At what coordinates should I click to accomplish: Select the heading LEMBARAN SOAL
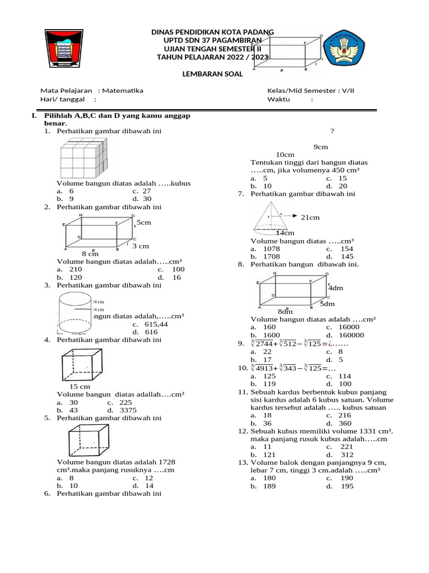209,73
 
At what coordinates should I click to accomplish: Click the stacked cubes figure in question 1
83,158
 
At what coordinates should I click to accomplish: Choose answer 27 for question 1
146,190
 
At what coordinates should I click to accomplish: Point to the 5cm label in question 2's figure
144,223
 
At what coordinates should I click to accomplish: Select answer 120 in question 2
75,277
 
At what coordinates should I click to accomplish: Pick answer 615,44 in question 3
156,324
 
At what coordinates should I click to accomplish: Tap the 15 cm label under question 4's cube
80,387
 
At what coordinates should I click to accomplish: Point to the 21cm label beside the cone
310,217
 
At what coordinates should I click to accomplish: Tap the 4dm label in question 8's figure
335,288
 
